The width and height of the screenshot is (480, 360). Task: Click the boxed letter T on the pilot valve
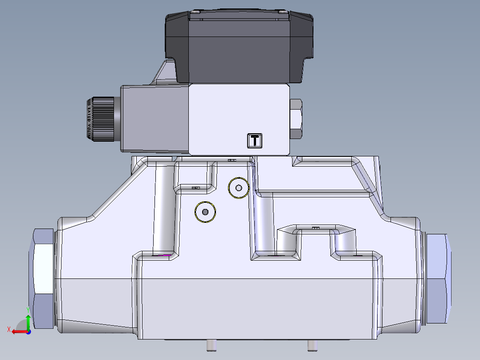(x=255, y=140)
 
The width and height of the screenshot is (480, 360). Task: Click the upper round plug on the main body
(x=238, y=188)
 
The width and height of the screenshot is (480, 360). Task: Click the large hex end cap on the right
(x=438, y=278)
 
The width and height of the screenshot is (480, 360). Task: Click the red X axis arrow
(x=18, y=331)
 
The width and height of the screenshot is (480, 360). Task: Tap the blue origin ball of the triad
(x=28, y=331)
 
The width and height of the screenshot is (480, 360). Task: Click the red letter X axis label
(x=8, y=329)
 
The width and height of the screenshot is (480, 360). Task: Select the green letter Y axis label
(x=28, y=309)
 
